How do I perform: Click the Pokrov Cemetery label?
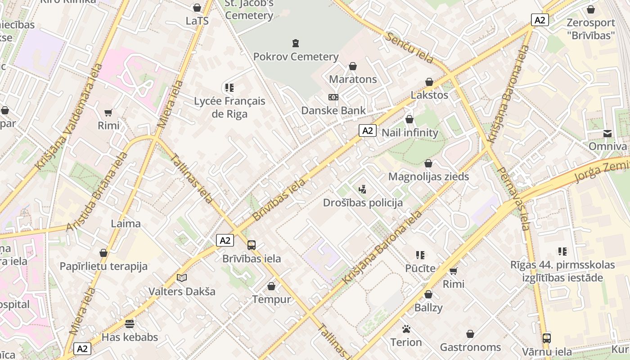pyautogui.click(x=296, y=57)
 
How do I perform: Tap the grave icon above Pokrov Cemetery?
pyautogui.click(x=296, y=43)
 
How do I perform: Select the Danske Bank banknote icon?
pyautogui.click(x=333, y=97)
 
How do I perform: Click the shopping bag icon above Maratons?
pyautogui.click(x=353, y=66)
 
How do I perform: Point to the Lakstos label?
pyautogui.click(x=429, y=95)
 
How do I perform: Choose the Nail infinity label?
pyautogui.click(x=409, y=133)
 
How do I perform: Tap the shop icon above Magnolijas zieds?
pyautogui.click(x=428, y=163)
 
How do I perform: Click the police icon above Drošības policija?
pyautogui.click(x=362, y=189)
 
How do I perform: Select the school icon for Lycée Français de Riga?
pyautogui.click(x=229, y=87)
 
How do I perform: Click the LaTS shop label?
pyautogui.click(x=197, y=21)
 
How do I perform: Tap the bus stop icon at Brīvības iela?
pyautogui.click(x=252, y=245)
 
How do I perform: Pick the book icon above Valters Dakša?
pyautogui.click(x=182, y=278)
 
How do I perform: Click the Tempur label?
pyautogui.click(x=271, y=299)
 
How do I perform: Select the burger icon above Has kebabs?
pyautogui.click(x=130, y=324)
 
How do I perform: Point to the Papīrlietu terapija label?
pyautogui.click(x=103, y=266)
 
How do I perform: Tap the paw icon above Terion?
pyautogui.click(x=406, y=329)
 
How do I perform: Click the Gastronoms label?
pyautogui.click(x=470, y=347)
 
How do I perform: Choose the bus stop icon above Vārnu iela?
pyautogui.click(x=547, y=338)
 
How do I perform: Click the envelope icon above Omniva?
pyautogui.click(x=607, y=133)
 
